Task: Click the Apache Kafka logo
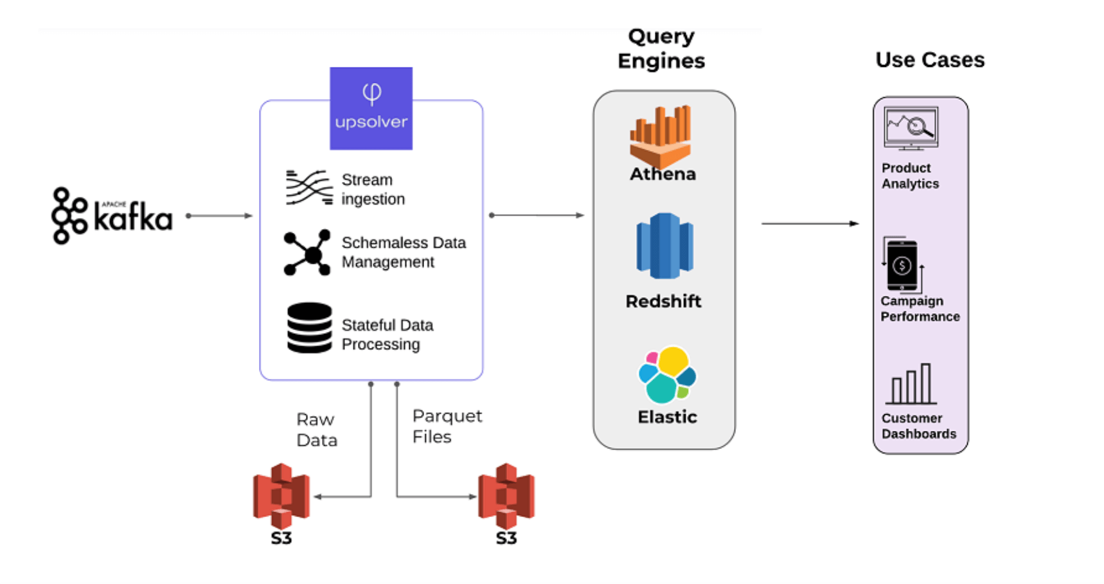112,215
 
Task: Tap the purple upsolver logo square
371,109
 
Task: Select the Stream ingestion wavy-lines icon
309,187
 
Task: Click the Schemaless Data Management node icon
307,252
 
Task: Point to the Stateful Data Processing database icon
309,327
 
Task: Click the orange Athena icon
661,136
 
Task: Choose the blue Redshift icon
664,246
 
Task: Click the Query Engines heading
661,48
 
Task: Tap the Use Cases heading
929,60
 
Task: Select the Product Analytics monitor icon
911,128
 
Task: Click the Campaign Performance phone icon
902,265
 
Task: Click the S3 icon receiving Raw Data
281,496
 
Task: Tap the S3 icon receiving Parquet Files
506,496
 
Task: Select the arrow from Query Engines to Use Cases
810,224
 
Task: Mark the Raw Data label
316,430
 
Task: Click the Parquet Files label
447,426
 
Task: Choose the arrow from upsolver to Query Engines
537,215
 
